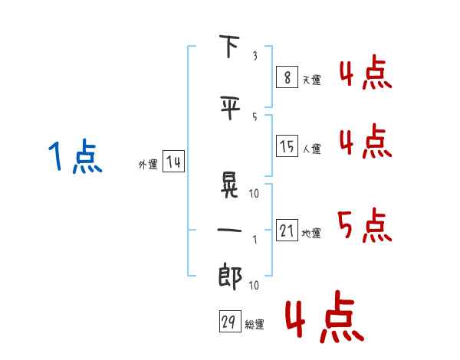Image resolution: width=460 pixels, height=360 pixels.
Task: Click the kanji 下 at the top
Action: click(229, 46)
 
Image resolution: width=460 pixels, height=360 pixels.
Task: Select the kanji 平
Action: click(230, 107)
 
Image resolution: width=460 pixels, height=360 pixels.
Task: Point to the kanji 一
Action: click(229, 230)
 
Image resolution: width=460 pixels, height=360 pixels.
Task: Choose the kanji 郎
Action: click(230, 277)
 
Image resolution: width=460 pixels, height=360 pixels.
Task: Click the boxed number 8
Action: click(287, 77)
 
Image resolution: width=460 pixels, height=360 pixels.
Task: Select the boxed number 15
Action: click(287, 146)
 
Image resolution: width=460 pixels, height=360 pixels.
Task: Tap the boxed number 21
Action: click(287, 230)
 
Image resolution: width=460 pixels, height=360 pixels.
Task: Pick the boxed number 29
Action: click(230, 321)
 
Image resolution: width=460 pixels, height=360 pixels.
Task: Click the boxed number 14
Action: click(174, 161)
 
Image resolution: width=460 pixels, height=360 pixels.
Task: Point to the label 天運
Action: click(311, 80)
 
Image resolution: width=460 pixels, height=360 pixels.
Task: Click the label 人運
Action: click(311, 149)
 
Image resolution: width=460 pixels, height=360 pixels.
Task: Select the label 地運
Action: click(311, 233)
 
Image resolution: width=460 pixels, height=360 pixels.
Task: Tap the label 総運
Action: click(255, 324)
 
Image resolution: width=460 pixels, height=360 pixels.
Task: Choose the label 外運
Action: click(148, 165)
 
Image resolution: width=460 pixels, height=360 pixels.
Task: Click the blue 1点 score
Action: click(75, 156)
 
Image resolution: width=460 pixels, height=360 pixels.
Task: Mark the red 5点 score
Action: click(365, 225)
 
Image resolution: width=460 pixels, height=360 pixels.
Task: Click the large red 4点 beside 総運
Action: click(325, 316)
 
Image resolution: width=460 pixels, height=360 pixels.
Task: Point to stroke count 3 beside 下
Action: click(255, 56)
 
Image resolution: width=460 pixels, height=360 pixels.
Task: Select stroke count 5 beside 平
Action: click(255, 117)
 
